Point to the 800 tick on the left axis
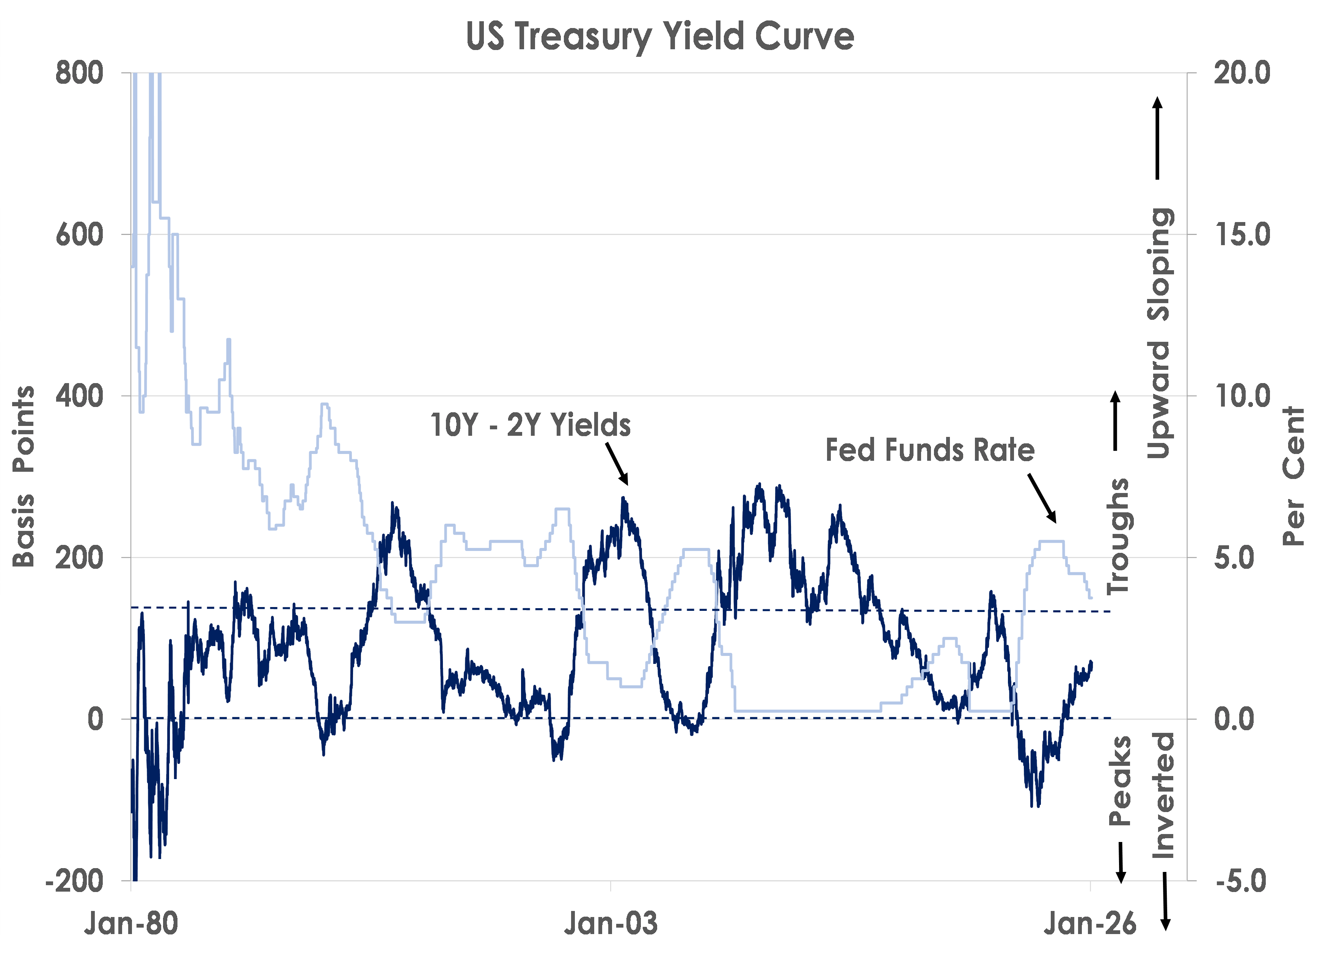[79, 74]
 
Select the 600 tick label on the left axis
[79, 235]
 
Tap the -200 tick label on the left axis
[74, 881]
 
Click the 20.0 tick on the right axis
[1242, 74]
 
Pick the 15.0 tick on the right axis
[1242, 235]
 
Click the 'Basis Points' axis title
[24, 476]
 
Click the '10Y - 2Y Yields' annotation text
[530, 425]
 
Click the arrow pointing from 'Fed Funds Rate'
[1042, 498]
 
